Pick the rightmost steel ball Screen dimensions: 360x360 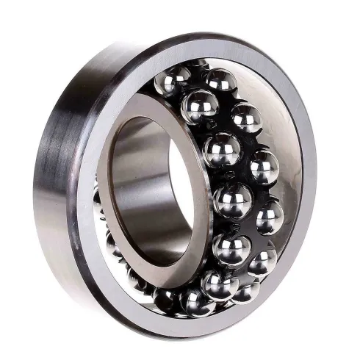click(270, 217)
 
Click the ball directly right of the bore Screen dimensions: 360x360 click(221, 151)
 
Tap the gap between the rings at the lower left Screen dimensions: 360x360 click(110, 242)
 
